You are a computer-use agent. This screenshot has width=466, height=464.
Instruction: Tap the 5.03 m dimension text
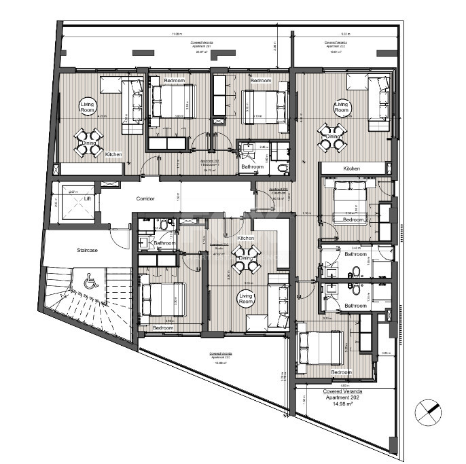coord(344,33)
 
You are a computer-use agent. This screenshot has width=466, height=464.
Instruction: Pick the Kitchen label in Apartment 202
coord(351,168)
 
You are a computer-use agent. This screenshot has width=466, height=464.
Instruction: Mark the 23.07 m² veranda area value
coord(201,51)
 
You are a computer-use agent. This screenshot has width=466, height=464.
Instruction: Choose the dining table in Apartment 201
coord(89,143)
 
